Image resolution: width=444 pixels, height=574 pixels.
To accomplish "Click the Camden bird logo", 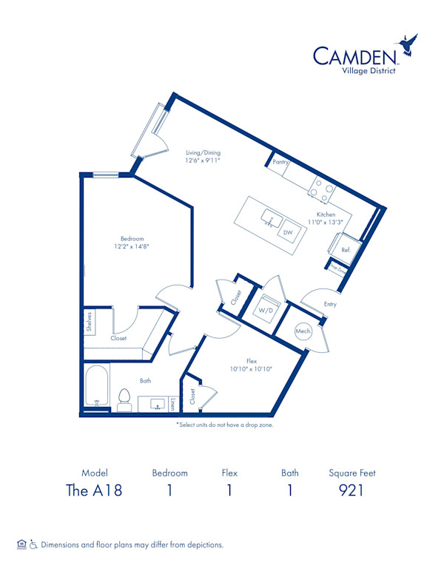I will (x=408, y=45).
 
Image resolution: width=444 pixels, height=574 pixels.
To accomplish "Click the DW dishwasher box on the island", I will (x=287, y=232).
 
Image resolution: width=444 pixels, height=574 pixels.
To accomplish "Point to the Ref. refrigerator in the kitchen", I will (x=346, y=250).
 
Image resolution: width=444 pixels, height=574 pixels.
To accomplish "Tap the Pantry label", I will (x=280, y=162).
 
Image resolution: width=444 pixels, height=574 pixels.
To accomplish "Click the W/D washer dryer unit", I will (x=265, y=311).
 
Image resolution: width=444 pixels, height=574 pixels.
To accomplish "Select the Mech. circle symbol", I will (x=303, y=331).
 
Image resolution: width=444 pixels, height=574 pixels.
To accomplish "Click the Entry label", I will (x=329, y=304).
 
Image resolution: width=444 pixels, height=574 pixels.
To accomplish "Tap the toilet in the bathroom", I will (x=124, y=400).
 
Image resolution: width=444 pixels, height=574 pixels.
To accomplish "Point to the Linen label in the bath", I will (x=172, y=405).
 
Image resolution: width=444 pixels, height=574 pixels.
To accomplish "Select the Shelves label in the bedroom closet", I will (x=89, y=323).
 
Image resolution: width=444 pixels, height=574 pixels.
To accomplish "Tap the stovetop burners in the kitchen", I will (x=322, y=191).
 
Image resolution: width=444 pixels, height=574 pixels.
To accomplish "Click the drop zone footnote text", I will (x=224, y=425).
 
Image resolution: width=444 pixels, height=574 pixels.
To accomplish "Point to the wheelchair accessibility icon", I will (x=33, y=544).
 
